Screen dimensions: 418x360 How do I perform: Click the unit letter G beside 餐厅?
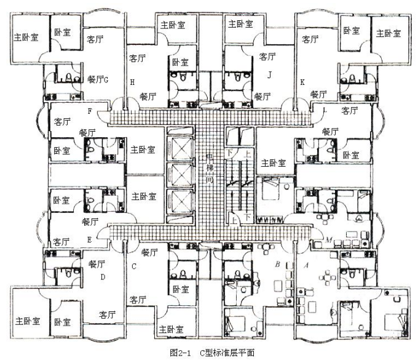[106, 79]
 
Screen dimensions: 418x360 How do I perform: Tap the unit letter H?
[132, 81]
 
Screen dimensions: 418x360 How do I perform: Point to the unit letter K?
[302, 82]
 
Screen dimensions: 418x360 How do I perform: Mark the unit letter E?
[90, 239]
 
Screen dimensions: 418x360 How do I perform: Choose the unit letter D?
[103, 276]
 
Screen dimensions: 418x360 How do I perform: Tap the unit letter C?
[133, 266]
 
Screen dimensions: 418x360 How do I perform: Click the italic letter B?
[278, 265]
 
